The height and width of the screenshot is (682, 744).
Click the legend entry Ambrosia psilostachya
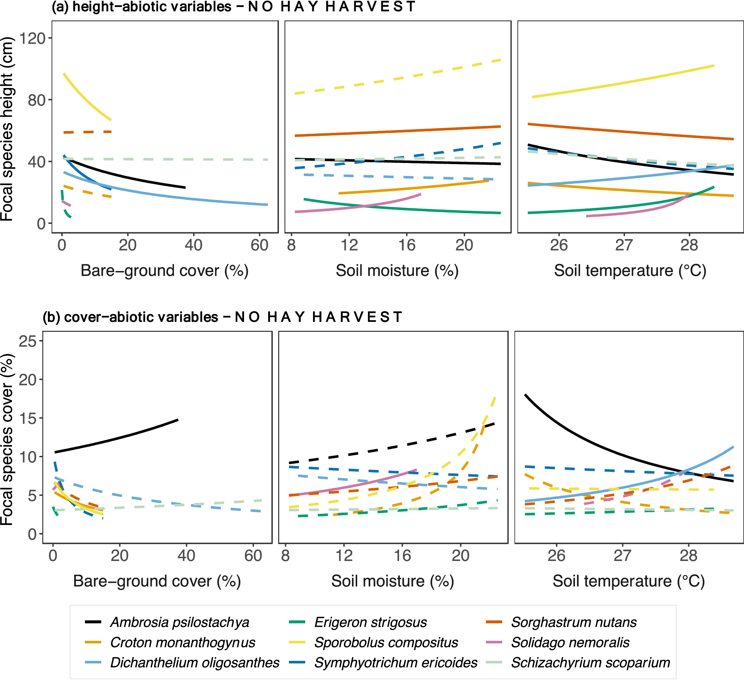coord(180,623)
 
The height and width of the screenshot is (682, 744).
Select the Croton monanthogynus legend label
coord(182,643)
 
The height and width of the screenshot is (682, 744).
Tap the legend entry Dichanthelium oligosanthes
coord(194,663)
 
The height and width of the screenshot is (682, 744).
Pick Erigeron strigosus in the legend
coord(370,623)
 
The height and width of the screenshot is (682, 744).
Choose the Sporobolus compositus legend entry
coord(386,643)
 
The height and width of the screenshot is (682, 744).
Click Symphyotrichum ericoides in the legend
coord(395,663)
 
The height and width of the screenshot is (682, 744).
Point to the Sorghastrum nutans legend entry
coord(573,623)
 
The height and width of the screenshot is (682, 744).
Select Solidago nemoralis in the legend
coord(570,643)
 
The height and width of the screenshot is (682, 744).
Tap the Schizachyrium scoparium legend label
coord(590,663)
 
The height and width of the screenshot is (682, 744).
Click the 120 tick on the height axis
coord(32,38)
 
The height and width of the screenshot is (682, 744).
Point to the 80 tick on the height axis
coord(36,100)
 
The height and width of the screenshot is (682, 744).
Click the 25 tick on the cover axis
coord(28,341)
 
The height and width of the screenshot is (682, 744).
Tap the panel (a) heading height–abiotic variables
coord(234,7)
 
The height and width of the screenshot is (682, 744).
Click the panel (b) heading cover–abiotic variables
coord(223,317)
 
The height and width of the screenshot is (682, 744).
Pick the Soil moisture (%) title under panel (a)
coord(397,271)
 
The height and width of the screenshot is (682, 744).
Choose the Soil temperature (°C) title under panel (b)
coord(629,581)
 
